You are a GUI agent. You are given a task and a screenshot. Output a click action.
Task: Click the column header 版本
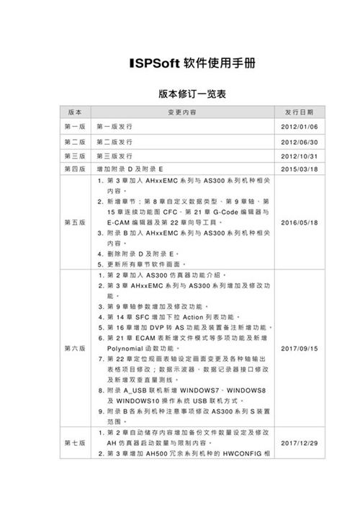[75, 113]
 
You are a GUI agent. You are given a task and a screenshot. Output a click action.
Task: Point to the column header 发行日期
[299, 113]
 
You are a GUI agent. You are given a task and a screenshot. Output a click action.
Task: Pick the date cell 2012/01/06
[299, 127]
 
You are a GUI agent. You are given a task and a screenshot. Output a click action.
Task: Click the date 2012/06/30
[299, 142]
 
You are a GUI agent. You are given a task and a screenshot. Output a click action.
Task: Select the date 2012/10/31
[299, 156]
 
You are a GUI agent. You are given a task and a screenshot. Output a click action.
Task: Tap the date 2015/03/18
[299, 169]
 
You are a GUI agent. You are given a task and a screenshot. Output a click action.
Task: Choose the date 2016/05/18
[299, 223]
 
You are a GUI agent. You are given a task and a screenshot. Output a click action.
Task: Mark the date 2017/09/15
[299, 348]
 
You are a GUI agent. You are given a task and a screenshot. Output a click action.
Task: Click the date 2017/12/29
[299, 442]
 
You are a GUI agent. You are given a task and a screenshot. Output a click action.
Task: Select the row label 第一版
[75, 127]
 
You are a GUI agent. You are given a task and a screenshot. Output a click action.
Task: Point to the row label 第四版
[75, 169]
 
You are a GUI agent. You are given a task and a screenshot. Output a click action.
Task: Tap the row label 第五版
[75, 223]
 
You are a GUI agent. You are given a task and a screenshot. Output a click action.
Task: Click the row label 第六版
[75, 348]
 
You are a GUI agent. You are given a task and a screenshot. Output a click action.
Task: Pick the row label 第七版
[75, 442]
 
